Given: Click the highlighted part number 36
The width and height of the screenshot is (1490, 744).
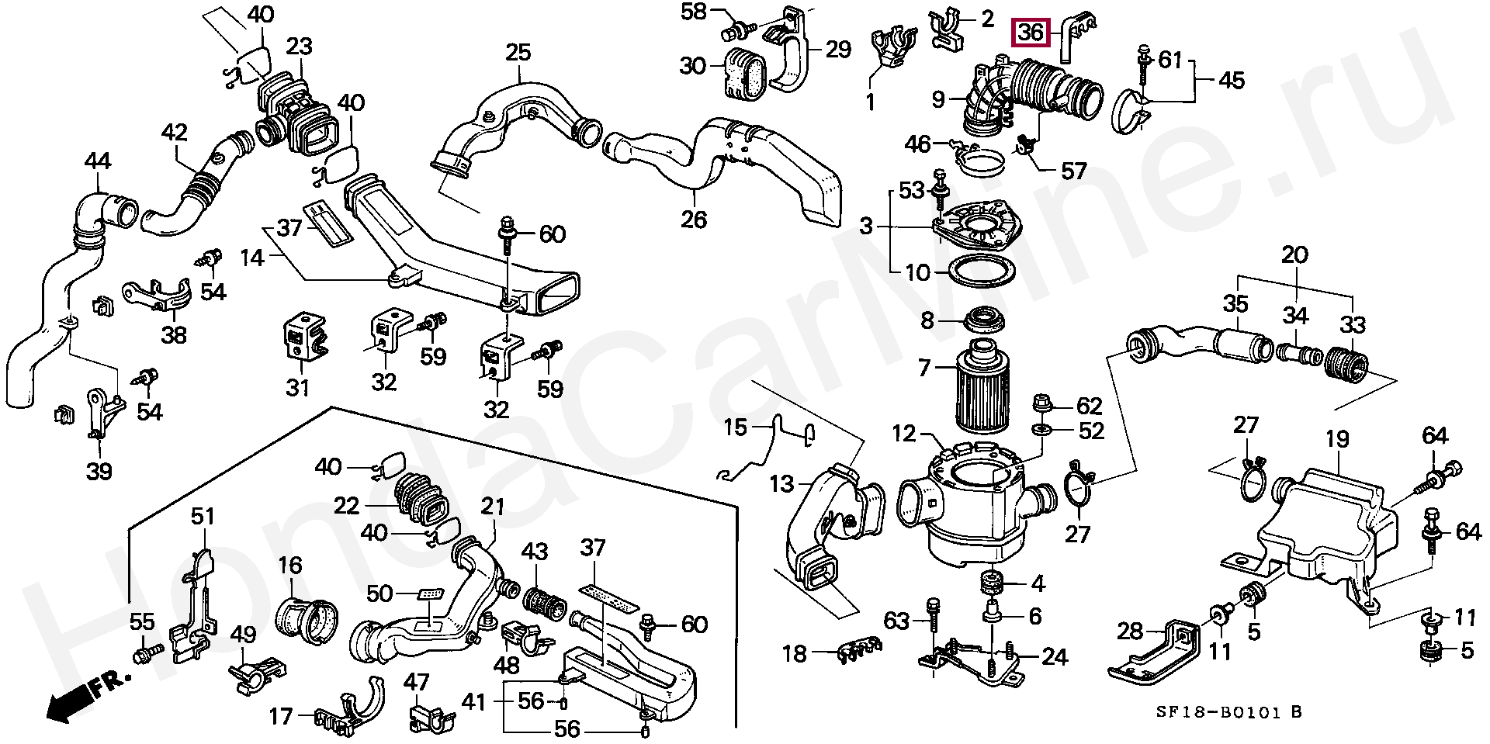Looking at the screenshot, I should click(x=1031, y=33).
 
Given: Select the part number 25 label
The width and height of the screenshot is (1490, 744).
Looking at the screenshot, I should click(x=518, y=53).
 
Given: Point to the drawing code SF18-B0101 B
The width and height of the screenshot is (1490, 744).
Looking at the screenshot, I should click(x=1228, y=712).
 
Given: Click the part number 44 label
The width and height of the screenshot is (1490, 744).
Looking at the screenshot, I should click(x=97, y=161).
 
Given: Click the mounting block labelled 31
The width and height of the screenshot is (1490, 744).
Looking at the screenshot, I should click(x=302, y=338).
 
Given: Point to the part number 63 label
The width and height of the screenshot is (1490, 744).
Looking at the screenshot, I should click(x=897, y=621).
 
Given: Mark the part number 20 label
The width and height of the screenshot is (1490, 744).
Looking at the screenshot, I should click(x=1294, y=254).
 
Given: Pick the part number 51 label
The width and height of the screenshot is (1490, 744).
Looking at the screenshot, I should click(x=203, y=516).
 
